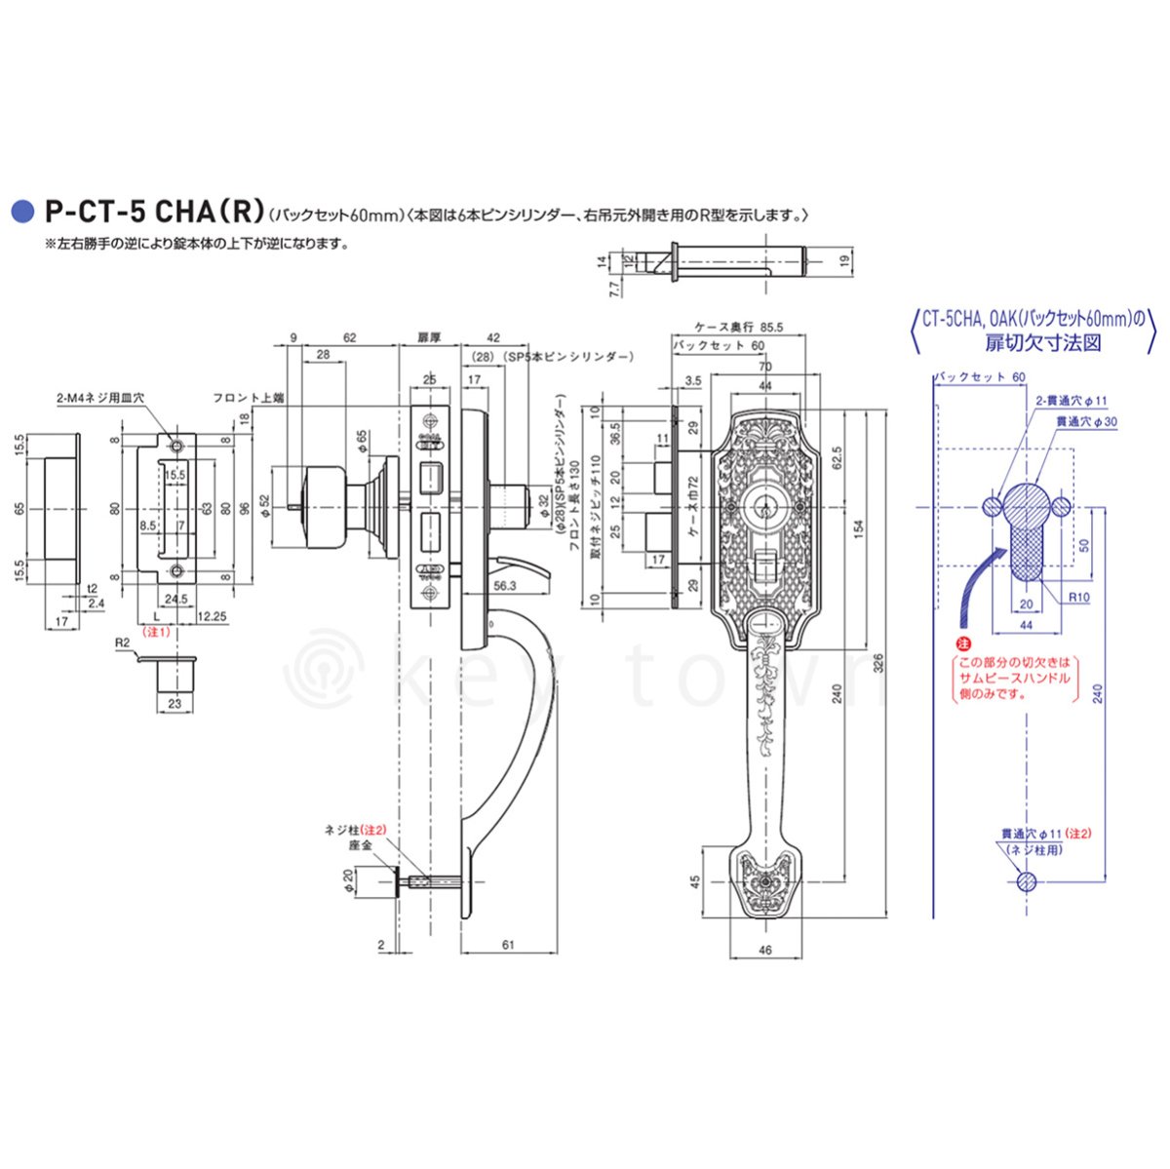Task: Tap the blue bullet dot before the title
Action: pos(19,212)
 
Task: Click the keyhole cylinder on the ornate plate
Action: pos(762,509)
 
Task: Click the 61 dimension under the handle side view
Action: pos(508,945)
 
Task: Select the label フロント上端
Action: pos(248,398)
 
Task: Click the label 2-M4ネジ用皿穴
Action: pos(99,398)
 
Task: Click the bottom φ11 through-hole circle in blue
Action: pos(1026,881)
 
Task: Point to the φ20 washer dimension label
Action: pos(347,882)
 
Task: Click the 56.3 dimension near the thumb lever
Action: pos(504,585)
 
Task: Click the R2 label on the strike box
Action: pos(122,643)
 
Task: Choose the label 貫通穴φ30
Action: pos(1087,420)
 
